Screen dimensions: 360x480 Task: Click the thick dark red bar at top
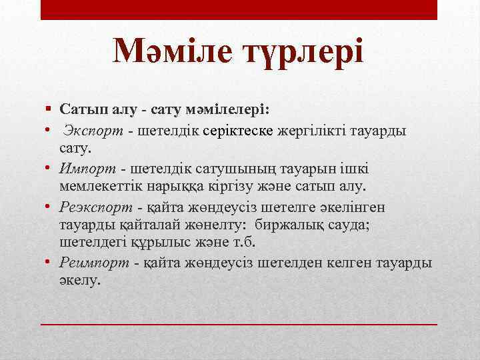coord(239,9)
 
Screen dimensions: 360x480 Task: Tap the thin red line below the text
coord(239,323)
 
